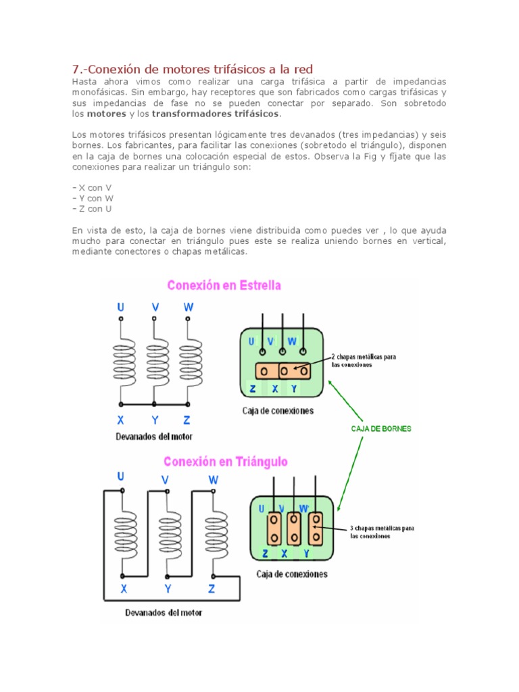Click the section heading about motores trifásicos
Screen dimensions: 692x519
pos(193,69)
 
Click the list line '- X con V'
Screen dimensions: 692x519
pos(92,187)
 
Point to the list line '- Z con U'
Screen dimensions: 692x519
pos(92,209)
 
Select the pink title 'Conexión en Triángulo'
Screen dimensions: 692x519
pos(226,462)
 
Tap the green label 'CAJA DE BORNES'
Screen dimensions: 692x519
pos(381,428)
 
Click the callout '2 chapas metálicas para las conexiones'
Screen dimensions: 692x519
pos(364,360)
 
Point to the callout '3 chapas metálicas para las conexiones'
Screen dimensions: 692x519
pos(382,531)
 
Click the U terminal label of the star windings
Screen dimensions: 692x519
pos(121,307)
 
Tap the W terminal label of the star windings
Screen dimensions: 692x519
pos(189,307)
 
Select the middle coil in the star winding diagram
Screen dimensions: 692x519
pos(155,364)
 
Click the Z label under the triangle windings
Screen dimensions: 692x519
pos(212,589)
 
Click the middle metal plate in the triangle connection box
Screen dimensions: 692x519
pos(294,528)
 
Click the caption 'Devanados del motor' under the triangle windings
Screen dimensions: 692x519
pos(163,613)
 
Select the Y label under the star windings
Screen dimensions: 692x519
pos(155,419)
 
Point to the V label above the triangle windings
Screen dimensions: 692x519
pos(165,480)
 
